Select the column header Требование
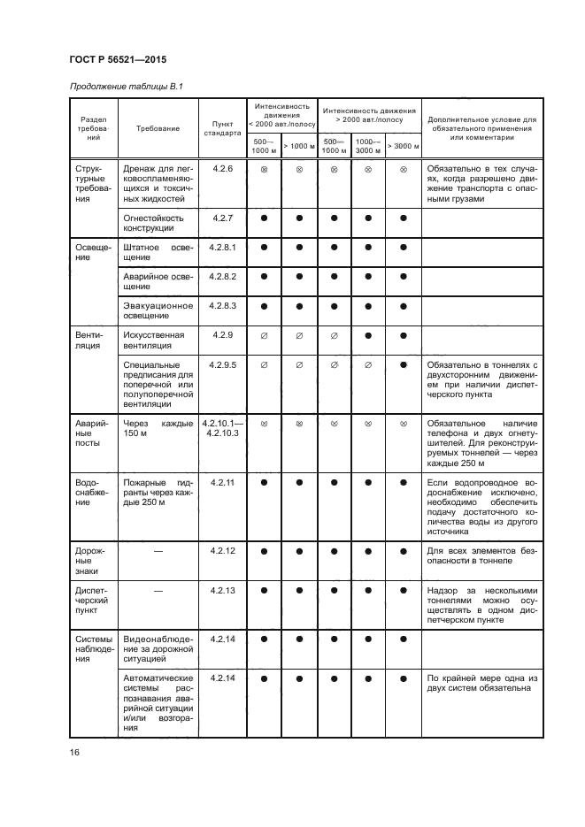click(158, 128)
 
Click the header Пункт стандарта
click(221, 128)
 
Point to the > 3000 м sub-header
click(404, 146)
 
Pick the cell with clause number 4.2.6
click(221, 168)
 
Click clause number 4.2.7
click(221, 217)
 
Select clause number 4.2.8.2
click(221, 277)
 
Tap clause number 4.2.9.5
click(221, 364)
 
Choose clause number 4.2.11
click(221, 482)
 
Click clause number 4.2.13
click(221, 590)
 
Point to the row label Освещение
click(91, 252)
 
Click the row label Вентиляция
click(91, 341)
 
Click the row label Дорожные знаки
click(91, 560)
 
